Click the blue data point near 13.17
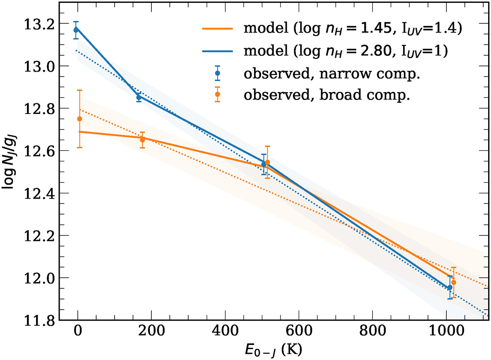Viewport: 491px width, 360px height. coord(76,30)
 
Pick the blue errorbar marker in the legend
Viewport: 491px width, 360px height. coord(218,73)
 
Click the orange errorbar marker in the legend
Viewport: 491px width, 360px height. coord(218,95)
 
